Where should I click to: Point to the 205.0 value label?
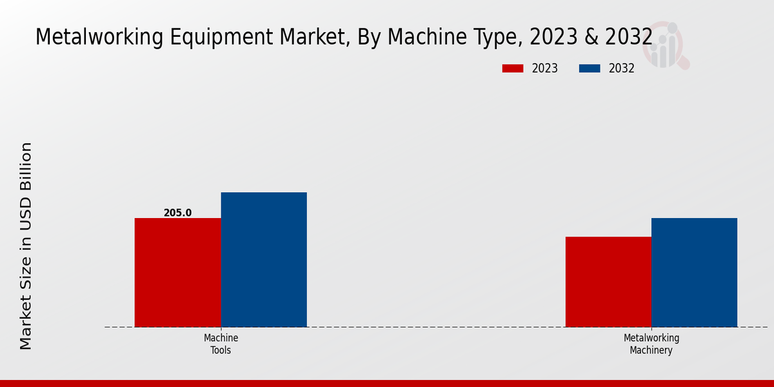tap(177, 213)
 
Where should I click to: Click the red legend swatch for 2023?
tap(513, 68)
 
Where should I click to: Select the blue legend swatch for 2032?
tap(590, 68)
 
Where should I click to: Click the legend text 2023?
tap(545, 68)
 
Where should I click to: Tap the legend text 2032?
tap(622, 68)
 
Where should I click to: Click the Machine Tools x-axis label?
tap(221, 344)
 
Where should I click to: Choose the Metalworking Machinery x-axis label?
tap(651, 344)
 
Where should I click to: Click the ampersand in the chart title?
tap(590, 37)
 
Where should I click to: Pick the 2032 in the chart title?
tap(628, 37)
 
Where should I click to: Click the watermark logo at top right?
tap(668, 45)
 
